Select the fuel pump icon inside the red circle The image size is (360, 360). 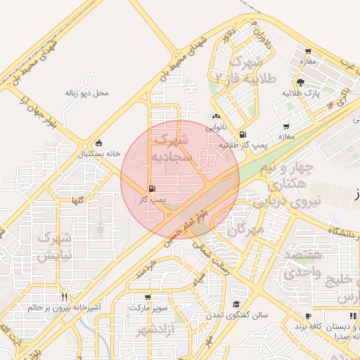click(x=153, y=188)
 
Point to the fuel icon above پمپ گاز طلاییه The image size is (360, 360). click(x=243, y=134)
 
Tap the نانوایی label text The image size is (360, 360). click(x=215, y=128)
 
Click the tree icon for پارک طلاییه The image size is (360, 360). click(x=300, y=82)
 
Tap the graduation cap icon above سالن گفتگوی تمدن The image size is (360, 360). click(x=237, y=304)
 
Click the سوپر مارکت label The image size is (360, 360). click(x=148, y=308)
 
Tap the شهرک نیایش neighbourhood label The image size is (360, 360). click(x=55, y=247)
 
